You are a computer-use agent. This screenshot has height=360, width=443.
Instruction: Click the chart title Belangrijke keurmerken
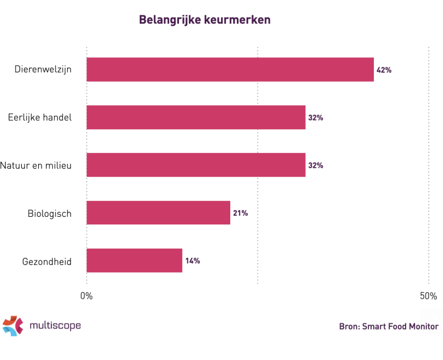coord(205,20)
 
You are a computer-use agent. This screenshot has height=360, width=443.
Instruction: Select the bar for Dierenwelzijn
coord(230,70)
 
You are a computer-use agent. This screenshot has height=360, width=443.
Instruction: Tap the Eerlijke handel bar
coord(196,118)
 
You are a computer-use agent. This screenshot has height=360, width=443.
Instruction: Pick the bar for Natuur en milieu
coord(196,165)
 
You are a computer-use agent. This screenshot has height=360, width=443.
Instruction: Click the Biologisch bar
coord(158,213)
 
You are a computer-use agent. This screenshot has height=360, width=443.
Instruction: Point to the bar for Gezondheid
coord(134,261)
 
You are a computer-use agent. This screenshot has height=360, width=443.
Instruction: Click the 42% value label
coord(384,70)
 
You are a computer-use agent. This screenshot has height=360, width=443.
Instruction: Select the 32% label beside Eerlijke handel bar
coord(315,118)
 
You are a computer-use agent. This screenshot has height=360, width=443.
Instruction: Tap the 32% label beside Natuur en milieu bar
coord(315,165)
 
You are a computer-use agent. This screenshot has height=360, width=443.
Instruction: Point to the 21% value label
coord(240,213)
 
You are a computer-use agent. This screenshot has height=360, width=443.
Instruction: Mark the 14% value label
coord(192,261)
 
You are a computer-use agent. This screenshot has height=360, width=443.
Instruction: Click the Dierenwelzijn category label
coord(43,69)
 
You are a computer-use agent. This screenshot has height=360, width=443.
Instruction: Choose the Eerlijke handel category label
coord(40,118)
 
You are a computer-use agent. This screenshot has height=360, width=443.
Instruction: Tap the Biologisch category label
coord(49,213)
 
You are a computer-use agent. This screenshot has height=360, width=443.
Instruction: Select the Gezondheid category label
coord(47,262)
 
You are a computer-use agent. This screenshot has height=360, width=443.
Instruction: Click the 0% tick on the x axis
coord(87,296)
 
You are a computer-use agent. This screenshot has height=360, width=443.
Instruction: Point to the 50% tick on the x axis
coord(428,296)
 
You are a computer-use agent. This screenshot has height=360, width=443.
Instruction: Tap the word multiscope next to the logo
coord(55,326)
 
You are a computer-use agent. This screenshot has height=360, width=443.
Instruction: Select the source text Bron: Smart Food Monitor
coord(388,327)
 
